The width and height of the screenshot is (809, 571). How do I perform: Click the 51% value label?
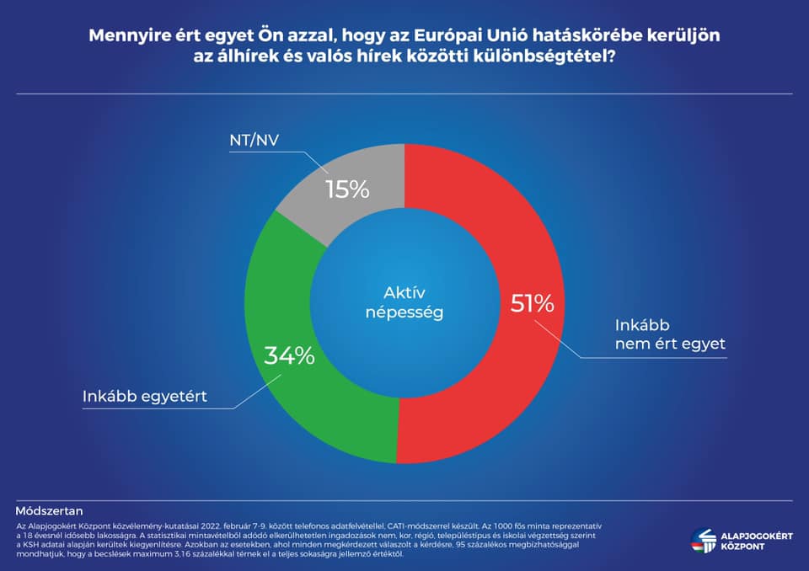coord(532,303)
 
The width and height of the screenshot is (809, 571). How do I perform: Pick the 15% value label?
coord(347,189)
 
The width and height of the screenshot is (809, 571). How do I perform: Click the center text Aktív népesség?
coord(405,302)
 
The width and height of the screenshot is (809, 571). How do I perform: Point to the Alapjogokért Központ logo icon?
coord(704,541)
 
